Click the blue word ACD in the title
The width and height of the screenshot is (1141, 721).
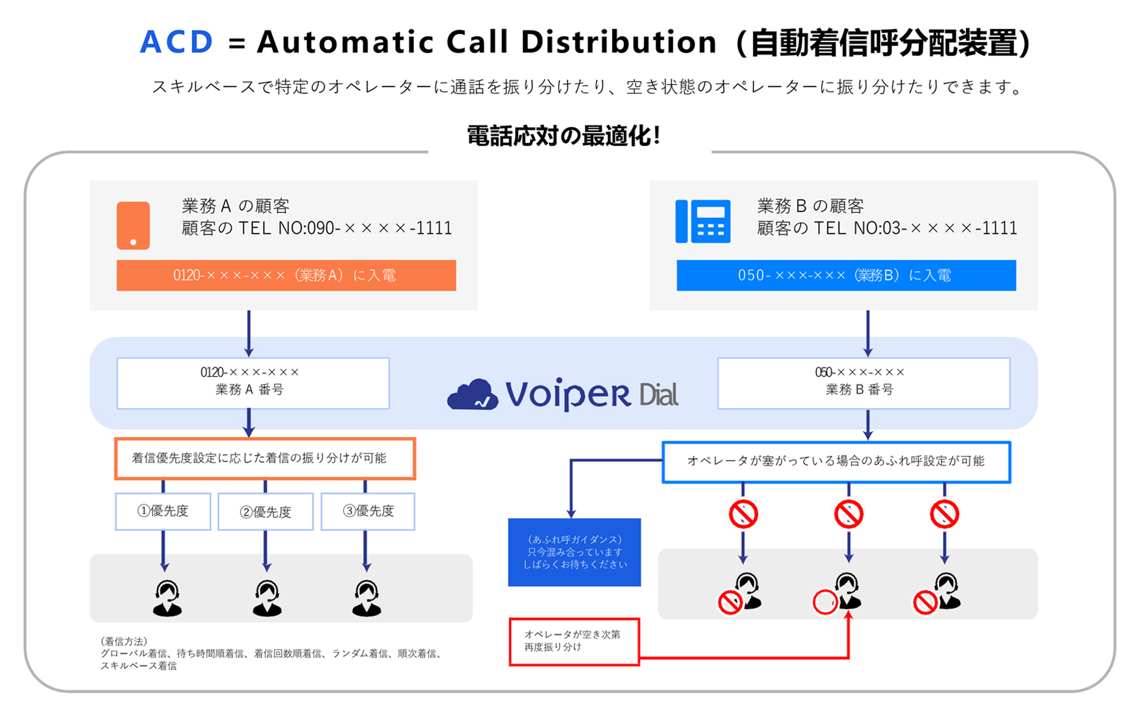[176, 42]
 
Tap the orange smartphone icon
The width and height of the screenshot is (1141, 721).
[133, 225]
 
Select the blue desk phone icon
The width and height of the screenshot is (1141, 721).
[702, 221]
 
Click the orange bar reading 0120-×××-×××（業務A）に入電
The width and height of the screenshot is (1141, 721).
[286, 275]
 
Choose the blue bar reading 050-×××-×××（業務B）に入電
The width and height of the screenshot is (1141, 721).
[846, 275]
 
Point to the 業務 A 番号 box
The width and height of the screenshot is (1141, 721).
[253, 383]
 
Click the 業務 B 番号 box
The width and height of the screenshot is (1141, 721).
[863, 383]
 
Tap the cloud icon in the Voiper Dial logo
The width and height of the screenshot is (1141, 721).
[472, 394]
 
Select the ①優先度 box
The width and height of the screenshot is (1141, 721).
[163, 511]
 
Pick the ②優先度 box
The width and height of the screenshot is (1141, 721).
[266, 511]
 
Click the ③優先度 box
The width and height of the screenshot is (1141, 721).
[368, 511]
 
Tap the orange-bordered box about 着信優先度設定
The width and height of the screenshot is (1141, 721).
[265, 458]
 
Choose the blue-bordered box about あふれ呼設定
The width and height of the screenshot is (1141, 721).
[836, 461]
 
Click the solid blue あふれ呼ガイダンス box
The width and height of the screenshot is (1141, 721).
[574, 552]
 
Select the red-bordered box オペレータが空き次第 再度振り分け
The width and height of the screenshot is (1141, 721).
[574, 641]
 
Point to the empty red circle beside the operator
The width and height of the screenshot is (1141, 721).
[825, 602]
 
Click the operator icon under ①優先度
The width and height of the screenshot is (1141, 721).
[167, 598]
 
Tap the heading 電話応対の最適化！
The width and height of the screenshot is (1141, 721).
[564, 136]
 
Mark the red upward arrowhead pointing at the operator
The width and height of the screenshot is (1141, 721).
[849, 615]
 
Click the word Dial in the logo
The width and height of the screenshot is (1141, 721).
[658, 395]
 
